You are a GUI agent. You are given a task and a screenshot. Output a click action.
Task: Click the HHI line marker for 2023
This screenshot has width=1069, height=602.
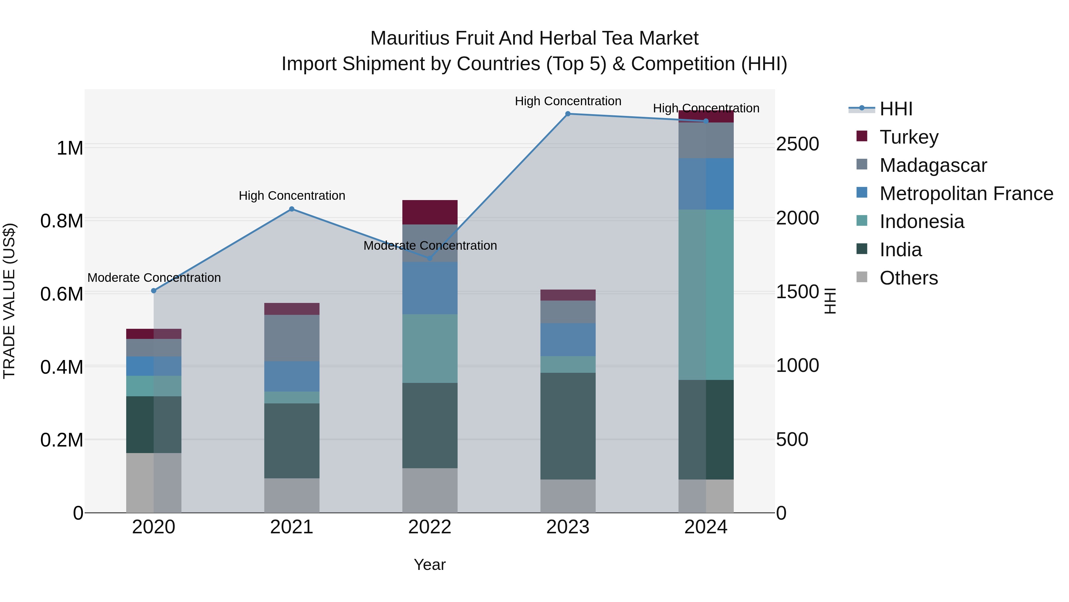(x=568, y=114)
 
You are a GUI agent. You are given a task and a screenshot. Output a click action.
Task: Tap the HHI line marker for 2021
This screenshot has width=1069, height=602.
(x=292, y=209)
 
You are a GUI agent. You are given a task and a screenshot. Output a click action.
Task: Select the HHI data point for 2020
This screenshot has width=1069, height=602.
(x=154, y=291)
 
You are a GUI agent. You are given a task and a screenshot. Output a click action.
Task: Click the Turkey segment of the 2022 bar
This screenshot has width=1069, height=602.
(x=430, y=212)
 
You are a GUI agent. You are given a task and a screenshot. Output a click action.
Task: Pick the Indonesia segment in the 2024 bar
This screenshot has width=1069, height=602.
(x=706, y=295)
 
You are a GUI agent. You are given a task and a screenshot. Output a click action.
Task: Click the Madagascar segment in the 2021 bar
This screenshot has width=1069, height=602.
(x=292, y=338)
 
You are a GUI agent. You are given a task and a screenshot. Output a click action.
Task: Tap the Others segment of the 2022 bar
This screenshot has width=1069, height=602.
(x=430, y=490)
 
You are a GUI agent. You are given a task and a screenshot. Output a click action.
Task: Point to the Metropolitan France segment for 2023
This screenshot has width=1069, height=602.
(x=568, y=339)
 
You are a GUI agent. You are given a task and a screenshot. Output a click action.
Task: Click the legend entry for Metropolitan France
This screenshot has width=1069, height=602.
(x=966, y=194)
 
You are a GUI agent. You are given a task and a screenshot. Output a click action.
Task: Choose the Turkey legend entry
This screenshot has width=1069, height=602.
(x=909, y=137)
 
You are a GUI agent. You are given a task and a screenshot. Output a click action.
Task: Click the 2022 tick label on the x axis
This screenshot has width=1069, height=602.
(x=430, y=527)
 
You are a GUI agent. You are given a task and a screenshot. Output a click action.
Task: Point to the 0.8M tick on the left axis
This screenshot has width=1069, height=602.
(x=61, y=221)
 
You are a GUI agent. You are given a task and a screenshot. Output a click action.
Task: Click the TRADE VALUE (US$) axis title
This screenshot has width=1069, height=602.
(x=9, y=301)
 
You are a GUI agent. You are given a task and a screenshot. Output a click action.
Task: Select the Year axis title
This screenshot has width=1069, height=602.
(x=429, y=565)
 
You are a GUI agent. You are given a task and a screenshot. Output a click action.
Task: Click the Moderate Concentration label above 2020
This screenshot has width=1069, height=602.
(x=154, y=278)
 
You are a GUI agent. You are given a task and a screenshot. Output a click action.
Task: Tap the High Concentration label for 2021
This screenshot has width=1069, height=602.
(x=292, y=196)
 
